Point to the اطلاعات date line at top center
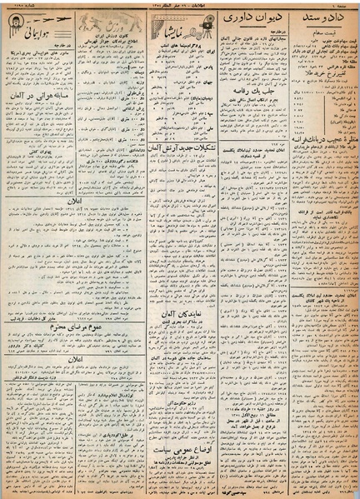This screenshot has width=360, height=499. (x=178, y=7)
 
